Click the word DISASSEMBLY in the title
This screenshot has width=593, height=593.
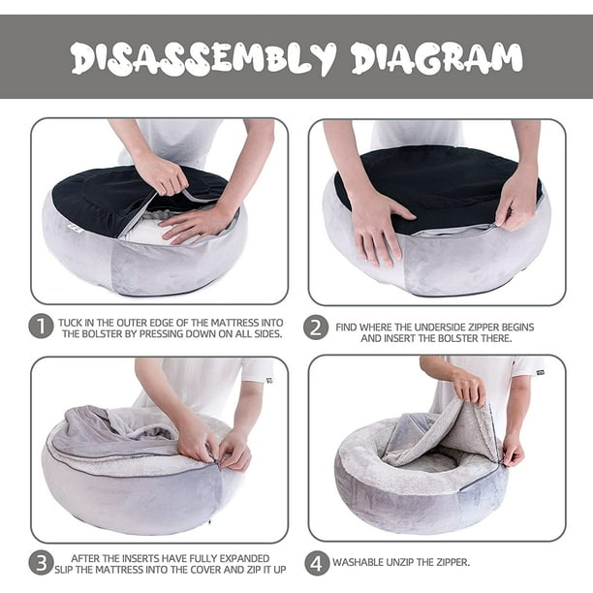(x=203, y=58)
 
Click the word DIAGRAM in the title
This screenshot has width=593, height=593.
(x=437, y=58)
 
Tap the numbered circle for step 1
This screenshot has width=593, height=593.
(x=41, y=327)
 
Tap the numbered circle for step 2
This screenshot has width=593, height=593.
(x=316, y=328)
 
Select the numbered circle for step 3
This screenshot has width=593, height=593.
(x=41, y=563)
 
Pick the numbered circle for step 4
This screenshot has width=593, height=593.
(x=317, y=563)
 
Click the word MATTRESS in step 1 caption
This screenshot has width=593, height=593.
(x=234, y=323)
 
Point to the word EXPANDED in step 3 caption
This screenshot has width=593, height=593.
(x=244, y=558)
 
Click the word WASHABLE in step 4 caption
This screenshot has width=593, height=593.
(x=358, y=562)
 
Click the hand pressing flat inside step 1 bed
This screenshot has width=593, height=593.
(x=196, y=224)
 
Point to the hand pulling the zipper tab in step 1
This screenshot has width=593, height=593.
(x=162, y=174)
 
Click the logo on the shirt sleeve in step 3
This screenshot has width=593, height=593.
(x=269, y=380)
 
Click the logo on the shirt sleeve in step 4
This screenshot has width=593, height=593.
(x=541, y=372)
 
